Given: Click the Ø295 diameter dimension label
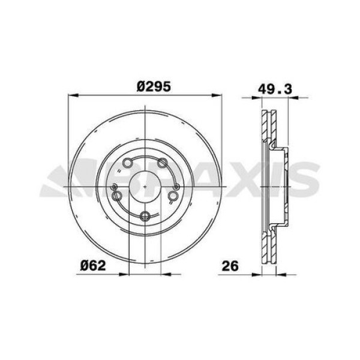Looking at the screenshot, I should [154, 86].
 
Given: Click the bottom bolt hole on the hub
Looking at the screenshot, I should [145, 217].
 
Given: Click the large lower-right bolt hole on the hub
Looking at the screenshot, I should [173, 196].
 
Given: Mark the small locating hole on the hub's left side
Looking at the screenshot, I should [113, 188].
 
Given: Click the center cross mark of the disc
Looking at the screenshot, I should [146, 187].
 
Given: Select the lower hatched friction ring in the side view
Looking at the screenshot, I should [268, 246].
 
